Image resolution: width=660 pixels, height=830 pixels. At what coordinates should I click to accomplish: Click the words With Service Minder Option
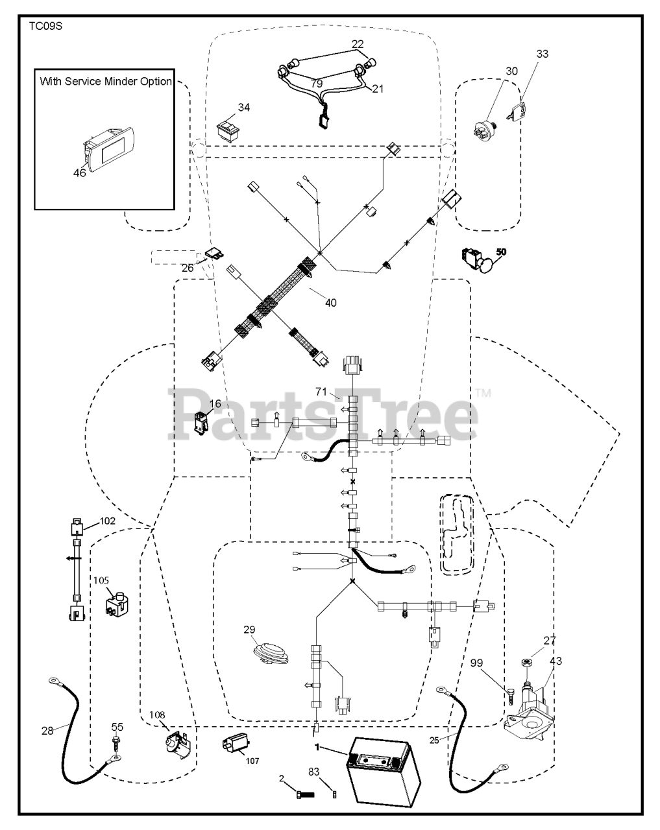click(x=106, y=82)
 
